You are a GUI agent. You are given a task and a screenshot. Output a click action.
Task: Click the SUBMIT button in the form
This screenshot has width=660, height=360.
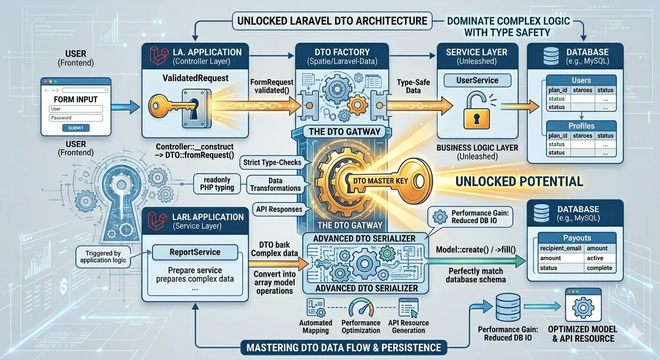(x=76, y=128)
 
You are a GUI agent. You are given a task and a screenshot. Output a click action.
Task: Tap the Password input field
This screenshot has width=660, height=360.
(x=76, y=118)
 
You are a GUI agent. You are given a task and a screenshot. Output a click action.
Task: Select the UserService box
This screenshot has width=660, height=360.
(x=477, y=81)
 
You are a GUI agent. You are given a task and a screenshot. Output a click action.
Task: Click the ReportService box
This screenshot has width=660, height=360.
(x=195, y=252)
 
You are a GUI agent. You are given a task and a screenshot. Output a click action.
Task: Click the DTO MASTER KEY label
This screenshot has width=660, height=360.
(x=380, y=180)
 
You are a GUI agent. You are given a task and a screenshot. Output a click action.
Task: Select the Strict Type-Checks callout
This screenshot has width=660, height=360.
(x=272, y=162)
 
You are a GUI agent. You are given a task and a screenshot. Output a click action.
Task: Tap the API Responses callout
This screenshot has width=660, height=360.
(x=279, y=209)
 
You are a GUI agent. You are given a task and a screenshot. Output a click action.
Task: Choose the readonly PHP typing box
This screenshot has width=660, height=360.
(x=217, y=184)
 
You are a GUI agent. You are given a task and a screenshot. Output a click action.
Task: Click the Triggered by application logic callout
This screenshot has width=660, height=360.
(x=103, y=256)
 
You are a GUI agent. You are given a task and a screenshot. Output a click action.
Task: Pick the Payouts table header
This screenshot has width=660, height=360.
(x=577, y=238)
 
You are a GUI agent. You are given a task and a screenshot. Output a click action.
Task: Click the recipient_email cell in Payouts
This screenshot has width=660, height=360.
(x=561, y=248)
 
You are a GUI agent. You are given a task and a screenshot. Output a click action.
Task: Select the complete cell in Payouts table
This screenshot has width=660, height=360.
(x=600, y=268)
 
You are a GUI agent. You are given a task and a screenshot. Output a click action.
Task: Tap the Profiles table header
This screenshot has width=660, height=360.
(x=581, y=126)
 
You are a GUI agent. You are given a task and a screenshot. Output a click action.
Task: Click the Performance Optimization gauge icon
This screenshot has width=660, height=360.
(x=361, y=307)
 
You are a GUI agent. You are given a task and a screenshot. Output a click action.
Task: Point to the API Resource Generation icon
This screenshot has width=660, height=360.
(x=408, y=307)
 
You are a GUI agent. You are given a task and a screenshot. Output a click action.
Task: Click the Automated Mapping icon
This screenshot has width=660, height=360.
(x=315, y=307)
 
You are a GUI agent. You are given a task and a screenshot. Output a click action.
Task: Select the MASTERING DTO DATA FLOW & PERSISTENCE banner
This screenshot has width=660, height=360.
(x=344, y=348)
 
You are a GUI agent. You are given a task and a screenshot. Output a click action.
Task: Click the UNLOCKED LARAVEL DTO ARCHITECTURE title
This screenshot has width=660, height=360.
(x=332, y=21)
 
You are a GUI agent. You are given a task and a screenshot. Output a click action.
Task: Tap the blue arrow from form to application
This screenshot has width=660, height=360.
(x=125, y=107)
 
